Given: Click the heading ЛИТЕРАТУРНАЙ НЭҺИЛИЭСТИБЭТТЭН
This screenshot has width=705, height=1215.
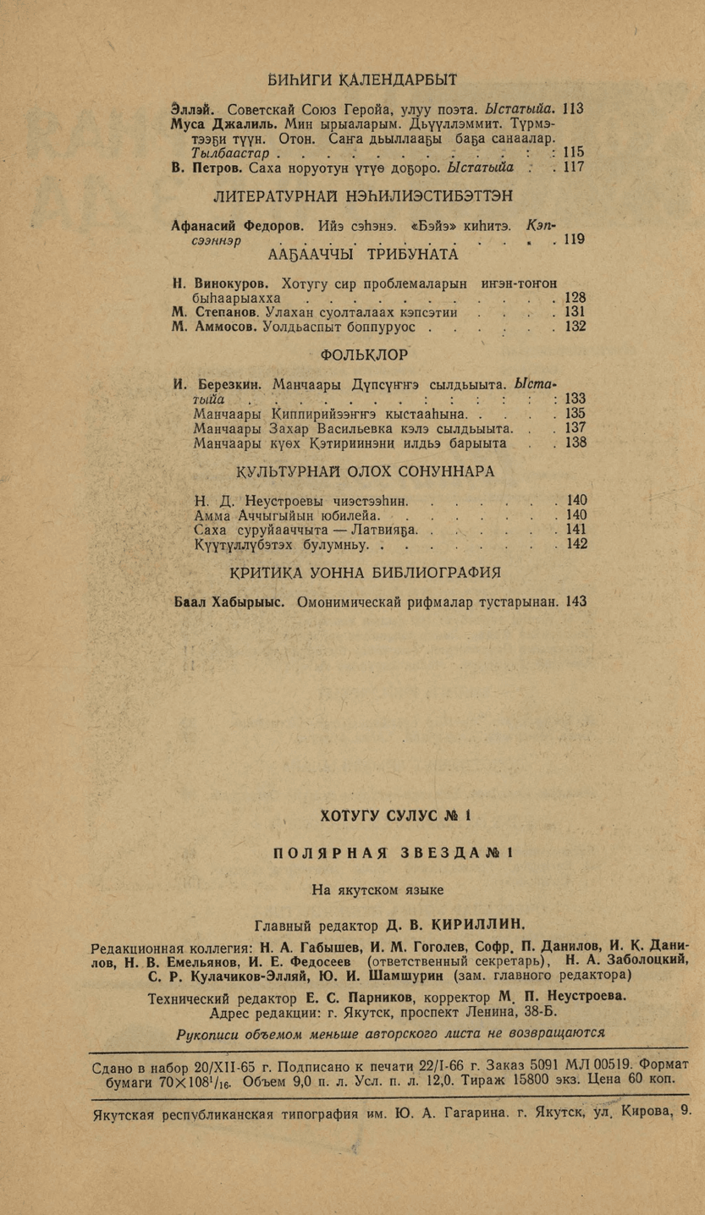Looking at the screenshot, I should tap(362, 197).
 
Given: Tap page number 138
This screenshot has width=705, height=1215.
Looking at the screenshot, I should tap(576, 442).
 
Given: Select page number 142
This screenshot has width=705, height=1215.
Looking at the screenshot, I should tap(576, 544).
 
